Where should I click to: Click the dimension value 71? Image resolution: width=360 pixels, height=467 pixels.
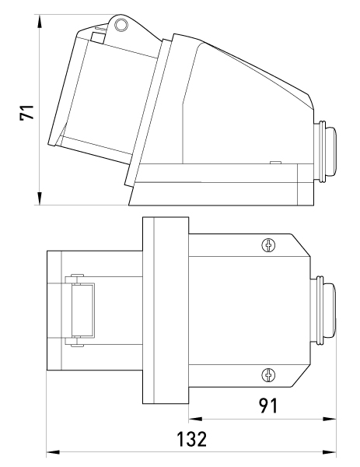(x=26, y=112)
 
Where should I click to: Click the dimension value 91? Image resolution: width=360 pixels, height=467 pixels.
(x=268, y=406)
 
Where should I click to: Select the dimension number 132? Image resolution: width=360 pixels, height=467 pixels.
(x=191, y=439)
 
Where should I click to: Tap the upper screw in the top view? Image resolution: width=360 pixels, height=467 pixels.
(x=268, y=245)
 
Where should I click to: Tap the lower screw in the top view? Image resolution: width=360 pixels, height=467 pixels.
(x=268, y=374)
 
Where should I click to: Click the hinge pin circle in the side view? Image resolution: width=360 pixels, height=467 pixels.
(x=121, y=25)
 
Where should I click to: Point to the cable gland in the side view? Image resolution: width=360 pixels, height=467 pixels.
(x=325, y=151)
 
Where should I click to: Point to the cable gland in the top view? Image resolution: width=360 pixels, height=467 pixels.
(x=323, y=311)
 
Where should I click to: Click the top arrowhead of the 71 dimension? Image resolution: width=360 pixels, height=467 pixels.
(x=40, y=22)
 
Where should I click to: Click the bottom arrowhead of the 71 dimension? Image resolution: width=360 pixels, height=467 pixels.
(x=40, y=198)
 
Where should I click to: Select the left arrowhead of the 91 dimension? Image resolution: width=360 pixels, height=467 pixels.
(x=195, y=419)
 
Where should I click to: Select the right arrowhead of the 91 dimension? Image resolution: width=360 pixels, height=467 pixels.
(x=330, y=419)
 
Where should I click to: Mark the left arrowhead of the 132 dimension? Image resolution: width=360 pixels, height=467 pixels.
(x=53, y=452)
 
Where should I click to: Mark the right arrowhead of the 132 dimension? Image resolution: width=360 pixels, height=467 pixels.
(x=330, y=452)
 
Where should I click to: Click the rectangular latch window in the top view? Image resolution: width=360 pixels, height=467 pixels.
(x=83, y=310)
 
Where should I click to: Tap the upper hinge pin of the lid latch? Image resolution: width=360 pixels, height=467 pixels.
(x=77, y=276)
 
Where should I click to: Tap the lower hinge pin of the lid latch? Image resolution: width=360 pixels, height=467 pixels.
(x=77, y=346)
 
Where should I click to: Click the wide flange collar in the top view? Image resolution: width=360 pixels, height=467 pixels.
(x=166, y=311)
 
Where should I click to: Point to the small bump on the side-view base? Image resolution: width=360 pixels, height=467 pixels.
(x=275, y=163)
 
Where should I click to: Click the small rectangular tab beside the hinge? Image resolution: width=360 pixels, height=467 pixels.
(x=98, y=38)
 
